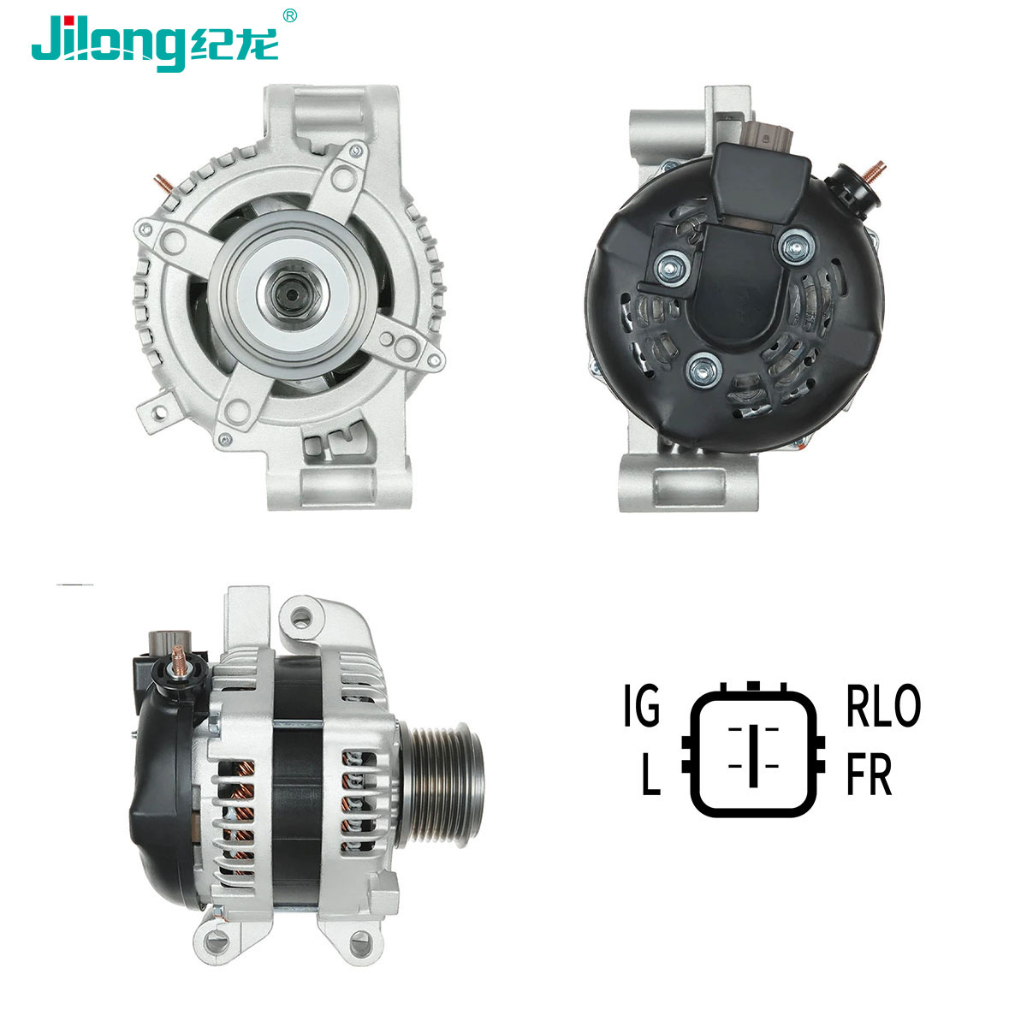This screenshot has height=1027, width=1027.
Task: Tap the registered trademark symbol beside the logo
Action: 289,16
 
